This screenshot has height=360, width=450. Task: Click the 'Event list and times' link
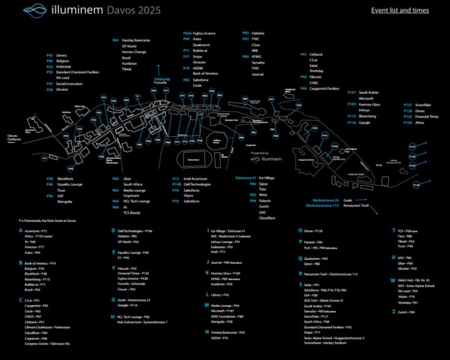tap(399, 10)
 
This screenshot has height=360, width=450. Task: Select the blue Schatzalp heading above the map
tap(161, 79)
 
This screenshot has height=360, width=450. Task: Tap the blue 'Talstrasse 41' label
tap(245, 177)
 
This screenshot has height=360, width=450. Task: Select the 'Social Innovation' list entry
tap(69, 83)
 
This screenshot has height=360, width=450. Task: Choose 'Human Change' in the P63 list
tap(134, 52)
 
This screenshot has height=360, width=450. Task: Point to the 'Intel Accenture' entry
tap(194, 179)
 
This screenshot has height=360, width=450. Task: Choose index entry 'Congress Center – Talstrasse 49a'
tap(47, 343)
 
